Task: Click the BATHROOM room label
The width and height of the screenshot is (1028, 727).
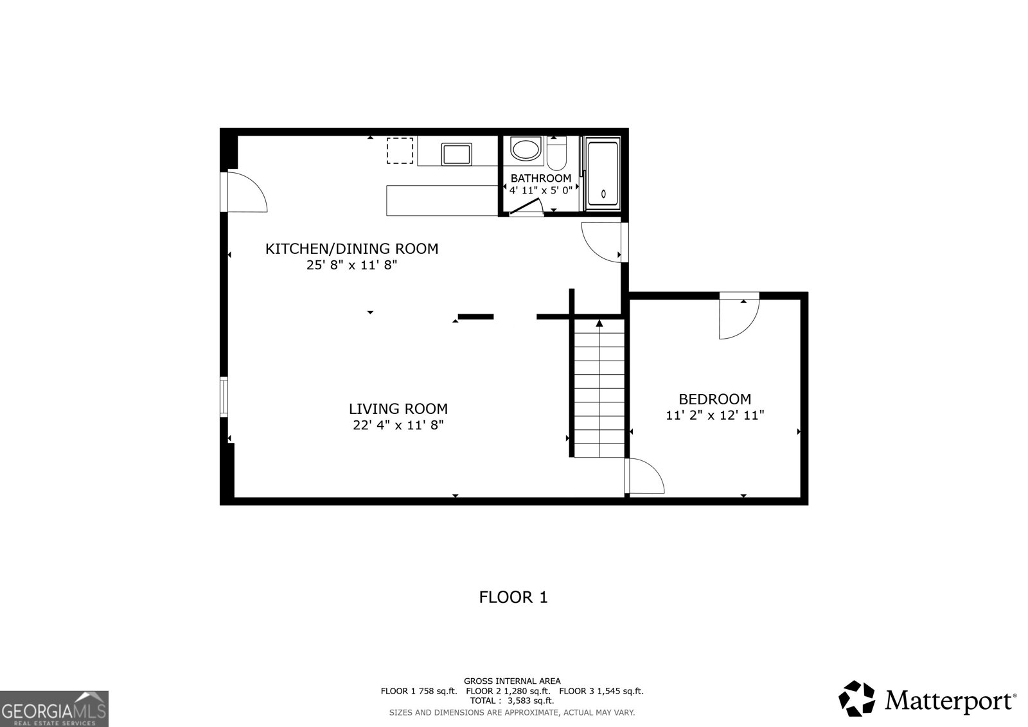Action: click(540, 178)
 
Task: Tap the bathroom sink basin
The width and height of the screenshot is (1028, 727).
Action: click(526, 150)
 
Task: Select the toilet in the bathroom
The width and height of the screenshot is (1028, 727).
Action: click(556, 155)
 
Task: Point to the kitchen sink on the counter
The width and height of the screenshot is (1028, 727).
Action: click(457, 154)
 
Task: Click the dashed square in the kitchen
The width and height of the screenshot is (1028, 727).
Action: click(400, 151)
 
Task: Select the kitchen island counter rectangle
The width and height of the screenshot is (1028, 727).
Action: click(443, 200)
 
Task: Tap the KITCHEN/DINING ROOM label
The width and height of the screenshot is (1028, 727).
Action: click(351, 249)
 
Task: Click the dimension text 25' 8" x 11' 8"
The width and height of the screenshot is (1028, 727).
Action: click(351, 265)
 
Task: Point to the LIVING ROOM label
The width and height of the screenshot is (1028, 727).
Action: click(398, 409)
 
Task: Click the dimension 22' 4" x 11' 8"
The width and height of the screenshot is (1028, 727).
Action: click(398, 425)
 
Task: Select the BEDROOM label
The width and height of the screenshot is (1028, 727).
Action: click(714, 399)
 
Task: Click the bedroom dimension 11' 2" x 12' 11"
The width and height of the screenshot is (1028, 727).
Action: click(714, 415)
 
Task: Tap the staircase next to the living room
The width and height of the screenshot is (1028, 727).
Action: click(599, 388)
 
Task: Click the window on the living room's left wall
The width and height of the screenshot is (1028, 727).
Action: click(224, 397)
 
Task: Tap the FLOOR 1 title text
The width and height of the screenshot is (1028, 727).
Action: click(513, 597)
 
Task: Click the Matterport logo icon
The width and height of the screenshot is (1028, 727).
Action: click(857, 699)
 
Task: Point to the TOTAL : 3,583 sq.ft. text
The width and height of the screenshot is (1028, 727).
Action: click(511, 701)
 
